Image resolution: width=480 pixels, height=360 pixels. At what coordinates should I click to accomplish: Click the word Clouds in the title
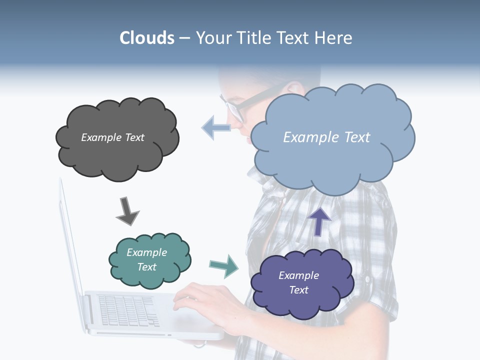pos(146,38)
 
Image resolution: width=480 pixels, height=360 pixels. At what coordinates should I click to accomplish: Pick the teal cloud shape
pos(149,277)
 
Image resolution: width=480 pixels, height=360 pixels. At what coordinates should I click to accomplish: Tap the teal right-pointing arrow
pos(223,265)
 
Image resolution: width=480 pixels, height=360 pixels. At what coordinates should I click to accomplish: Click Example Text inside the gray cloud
pos(112,137)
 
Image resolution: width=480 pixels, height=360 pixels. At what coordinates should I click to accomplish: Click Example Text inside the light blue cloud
pos(326,137)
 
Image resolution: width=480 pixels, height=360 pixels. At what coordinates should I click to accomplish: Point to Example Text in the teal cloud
pos(146,259)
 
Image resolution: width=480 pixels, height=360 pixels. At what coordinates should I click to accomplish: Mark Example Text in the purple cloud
pos(298,282)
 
